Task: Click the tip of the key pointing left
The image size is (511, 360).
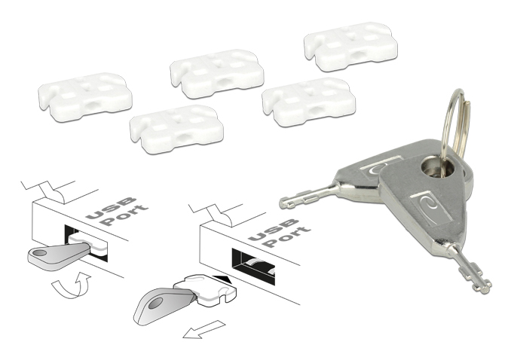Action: click(280, 203)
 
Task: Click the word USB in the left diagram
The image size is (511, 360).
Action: click(110, 208)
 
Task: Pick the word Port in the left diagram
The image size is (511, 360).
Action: click(123, 215)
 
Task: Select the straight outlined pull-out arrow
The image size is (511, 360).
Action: click(204, 329)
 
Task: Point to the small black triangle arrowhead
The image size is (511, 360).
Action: click(222, 279)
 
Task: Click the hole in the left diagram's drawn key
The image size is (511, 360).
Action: click(39, 253)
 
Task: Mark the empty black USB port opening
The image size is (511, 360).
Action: click(255, 264)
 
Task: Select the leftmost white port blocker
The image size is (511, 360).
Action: click(85, 97)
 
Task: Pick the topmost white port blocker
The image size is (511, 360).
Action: click(351, 47)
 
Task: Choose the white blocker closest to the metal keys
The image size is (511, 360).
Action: click(308, 102)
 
